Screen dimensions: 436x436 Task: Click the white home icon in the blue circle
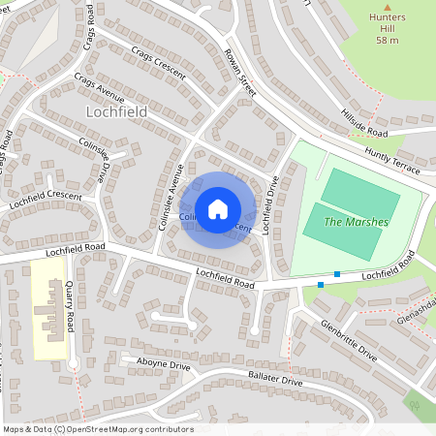point(218,209)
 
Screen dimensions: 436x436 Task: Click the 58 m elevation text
point(388,40)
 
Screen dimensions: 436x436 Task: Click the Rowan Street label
point(237,73)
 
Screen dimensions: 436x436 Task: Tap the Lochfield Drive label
point(273,206)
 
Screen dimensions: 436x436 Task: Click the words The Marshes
point(356,222)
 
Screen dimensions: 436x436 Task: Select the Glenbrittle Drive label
point(347,341)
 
